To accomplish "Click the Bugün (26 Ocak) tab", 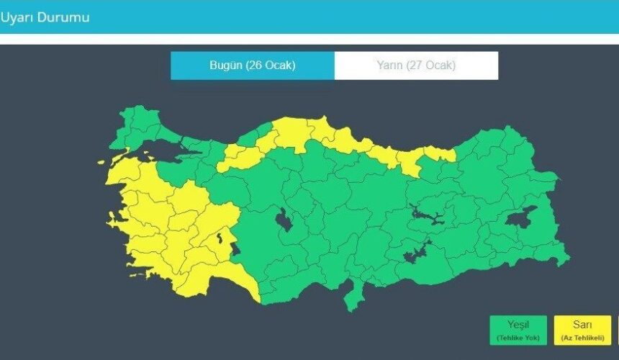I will pyautogui.click(x=252, y=66).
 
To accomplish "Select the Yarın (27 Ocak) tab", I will pyautogui.click(x=416, y=66).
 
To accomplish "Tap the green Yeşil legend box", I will pyautogui.click(x=518, y=330).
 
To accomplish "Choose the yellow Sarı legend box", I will pyautogui.click(x=582, y=330).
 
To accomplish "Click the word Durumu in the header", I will pyautogui.click(x=63, y=17).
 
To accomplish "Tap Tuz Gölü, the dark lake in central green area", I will pyautogui.click(x=284, y=220).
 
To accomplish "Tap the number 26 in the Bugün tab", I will pyautogui.click(x=254, y=66).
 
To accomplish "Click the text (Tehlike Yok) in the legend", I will pyautogui.click(x=518, y=338).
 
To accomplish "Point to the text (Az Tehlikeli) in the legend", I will pyautogui.click(x=582, y=338).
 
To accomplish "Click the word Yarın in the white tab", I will pyautogui.click(x=389, y=66).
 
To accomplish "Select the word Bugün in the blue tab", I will pyautogui.click(x=225, y=66).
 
